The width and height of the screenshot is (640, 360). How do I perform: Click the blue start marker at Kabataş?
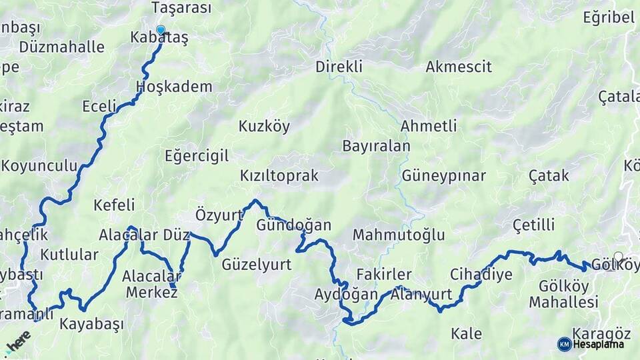pos(161,29)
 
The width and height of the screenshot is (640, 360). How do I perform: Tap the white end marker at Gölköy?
pos(619,257)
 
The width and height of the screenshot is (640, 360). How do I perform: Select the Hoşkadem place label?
pos(174,87)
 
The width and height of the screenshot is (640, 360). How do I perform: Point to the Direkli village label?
pos(339,67)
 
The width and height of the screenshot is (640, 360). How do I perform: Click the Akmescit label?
pos(459,67)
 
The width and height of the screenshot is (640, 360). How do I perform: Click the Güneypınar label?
pos(443,176)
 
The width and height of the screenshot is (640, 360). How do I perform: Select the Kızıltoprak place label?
pos(279,176)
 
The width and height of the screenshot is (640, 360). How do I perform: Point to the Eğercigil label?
pos(197,156)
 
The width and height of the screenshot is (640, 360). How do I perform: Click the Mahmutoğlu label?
pos(399,235)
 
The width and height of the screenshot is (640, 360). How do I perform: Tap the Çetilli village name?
pos(534,225)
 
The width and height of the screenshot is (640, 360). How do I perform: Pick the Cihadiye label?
pos(481,274)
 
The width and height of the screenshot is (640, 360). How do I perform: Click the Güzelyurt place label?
pos(257,265)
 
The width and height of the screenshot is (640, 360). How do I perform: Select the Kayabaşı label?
pos(92,325)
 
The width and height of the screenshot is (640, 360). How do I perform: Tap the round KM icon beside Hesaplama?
pos(564,344)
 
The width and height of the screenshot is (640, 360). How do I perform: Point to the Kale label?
pos(467,334)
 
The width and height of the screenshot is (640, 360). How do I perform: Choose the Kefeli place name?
pos(114,205)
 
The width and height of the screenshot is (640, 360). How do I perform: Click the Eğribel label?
pos(608,18)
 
